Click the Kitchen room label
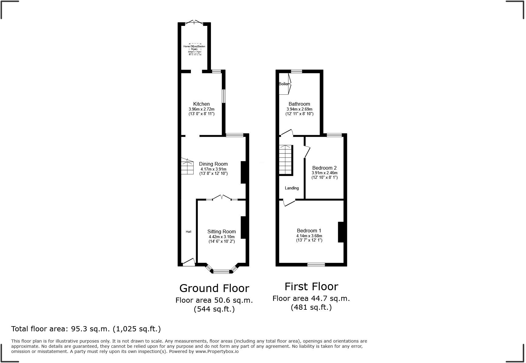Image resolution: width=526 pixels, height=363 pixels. pos(201,104)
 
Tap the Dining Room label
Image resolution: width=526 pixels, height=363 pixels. pos(213,164)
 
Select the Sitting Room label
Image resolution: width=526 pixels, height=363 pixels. pos(222,232)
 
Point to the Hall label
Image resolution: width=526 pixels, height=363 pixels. pos(188,232)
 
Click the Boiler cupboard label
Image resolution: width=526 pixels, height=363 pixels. pos(283,84)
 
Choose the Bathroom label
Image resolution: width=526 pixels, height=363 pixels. pos(299,104)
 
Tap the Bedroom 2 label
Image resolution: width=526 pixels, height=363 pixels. pos(324,168)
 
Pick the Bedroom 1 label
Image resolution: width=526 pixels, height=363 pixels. pos(309,231)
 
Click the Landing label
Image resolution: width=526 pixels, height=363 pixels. pos(292,188)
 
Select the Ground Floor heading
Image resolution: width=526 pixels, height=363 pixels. pos(214,288)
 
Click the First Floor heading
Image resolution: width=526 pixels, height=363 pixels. pos(311,287)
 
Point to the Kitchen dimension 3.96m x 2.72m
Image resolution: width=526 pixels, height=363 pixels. pos(202,109)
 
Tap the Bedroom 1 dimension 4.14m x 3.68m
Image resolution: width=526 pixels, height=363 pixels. pos(309,236)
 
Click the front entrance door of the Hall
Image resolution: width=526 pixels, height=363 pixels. pos(189,263)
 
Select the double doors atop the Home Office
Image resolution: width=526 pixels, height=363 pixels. pos(194,23)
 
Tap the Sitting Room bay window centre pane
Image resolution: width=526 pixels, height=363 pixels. pos(221,271)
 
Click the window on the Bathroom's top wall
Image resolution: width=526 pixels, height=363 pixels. pos(296,72)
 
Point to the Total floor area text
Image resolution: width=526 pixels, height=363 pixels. pos(86,329)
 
